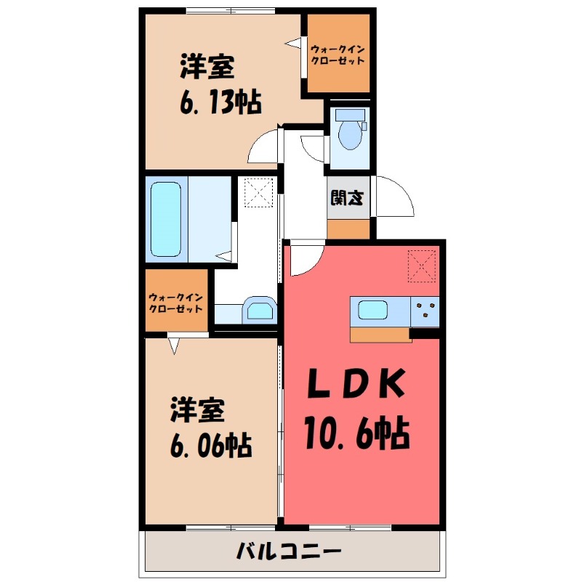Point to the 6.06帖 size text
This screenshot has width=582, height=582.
click(x=211, y=445)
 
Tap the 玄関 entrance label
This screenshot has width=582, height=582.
click(x=341, y=198)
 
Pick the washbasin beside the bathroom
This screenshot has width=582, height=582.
click(x=258, y=310)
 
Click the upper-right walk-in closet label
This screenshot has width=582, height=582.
click(x=337, y=55)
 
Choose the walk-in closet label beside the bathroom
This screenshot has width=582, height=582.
click(x=176, y=302)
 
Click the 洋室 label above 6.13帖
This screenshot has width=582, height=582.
click(x=207, y=68)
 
